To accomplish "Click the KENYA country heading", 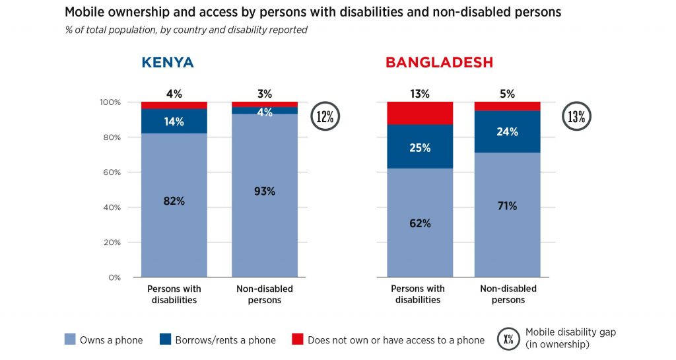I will (x=167, y=63).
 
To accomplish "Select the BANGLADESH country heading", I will (x=439, y=63).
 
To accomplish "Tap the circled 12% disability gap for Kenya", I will (x=325, y=117).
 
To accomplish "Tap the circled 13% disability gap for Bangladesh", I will (x=576, y=117).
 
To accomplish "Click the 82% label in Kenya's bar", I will (x=174, y=201).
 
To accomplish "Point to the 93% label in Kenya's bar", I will (x=264, y=192).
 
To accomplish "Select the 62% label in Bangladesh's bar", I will (x=420, y=223).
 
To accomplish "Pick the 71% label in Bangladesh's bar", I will (x=508, y=206).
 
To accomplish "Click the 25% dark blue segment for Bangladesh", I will (x=420, y=147).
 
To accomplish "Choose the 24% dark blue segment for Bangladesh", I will (x=508, y=131).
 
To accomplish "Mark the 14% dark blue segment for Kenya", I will (x=174, y=122).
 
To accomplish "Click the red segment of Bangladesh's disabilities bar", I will (x=420, y=113).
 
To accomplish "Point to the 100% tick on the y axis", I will (x=110, y=102).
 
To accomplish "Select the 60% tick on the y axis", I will (x=112, y=172).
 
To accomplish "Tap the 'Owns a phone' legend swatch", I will (x=71, y=340).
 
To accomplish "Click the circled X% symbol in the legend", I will (x=508, y=339).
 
